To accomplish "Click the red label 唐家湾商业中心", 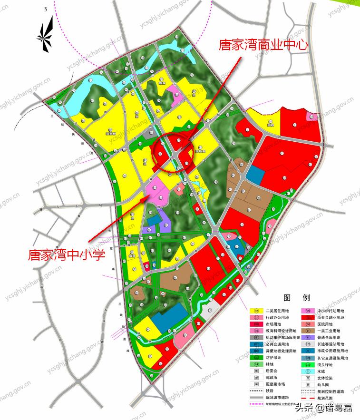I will (x=263, y=45).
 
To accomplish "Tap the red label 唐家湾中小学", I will (x=66, y=254).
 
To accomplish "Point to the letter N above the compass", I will (x=46, y=9).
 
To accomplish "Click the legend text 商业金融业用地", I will (x=332, y=318).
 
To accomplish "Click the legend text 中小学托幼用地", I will (x=332, y=311).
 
